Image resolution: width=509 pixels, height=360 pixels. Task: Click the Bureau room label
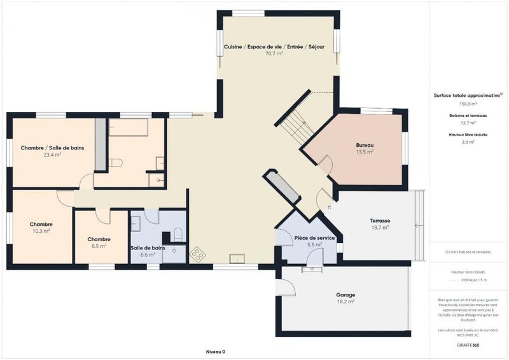pos(365,146)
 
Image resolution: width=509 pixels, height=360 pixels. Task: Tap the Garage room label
pos(345,295)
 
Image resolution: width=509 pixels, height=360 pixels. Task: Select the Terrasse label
pos(380,221)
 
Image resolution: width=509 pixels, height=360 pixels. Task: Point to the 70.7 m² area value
pos(274,54)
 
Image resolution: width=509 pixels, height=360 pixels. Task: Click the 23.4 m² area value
pos(52,155)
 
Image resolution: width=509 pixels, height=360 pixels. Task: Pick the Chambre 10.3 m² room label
pos(41,225)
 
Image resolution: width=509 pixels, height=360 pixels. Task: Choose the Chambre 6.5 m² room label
pos(99,239)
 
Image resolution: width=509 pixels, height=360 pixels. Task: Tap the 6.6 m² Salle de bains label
pos(148,254)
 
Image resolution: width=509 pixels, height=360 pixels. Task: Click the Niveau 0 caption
pos(216,351)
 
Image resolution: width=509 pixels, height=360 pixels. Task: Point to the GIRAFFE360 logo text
pos(468,344)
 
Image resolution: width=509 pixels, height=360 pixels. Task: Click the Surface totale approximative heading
pos(467,95)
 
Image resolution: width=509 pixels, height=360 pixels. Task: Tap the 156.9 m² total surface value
pos(468,103)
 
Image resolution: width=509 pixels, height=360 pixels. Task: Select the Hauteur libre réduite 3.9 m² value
pos(468,142)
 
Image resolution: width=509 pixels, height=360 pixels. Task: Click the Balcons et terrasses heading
pos(468,115)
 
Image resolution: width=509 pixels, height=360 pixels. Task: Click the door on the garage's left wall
pos(286,286)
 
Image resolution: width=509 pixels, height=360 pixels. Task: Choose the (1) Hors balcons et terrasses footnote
pos(468,252)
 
